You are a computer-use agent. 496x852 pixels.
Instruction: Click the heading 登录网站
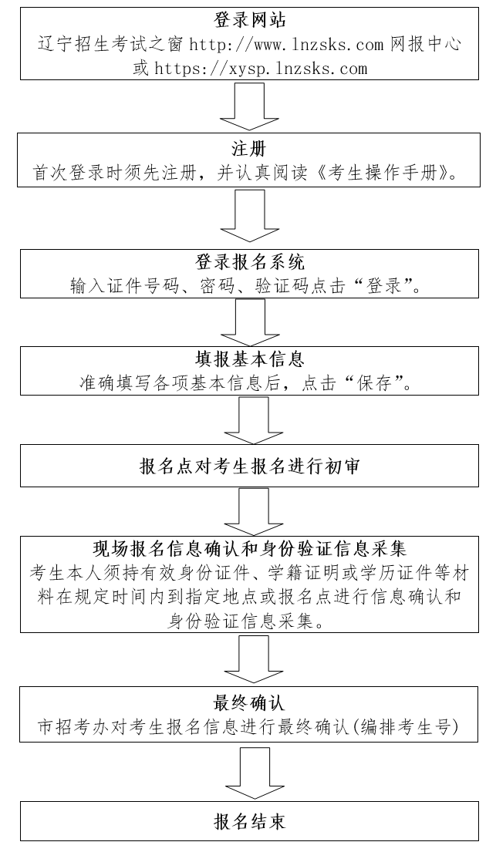[x=250, y=21]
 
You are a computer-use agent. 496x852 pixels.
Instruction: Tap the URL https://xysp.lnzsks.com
[x=261, y=69]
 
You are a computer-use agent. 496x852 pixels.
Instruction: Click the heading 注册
[x=248, y=148]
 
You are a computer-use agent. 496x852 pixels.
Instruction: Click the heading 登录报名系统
[x=250, y=262]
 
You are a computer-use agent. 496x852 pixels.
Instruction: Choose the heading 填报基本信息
[x=250, y=359]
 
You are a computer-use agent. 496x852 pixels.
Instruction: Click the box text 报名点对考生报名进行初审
[x=250, y=466]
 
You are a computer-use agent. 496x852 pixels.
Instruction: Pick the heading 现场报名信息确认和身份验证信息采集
[x=250, y=549]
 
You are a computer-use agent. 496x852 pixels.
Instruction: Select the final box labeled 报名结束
[x=250, y=822]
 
